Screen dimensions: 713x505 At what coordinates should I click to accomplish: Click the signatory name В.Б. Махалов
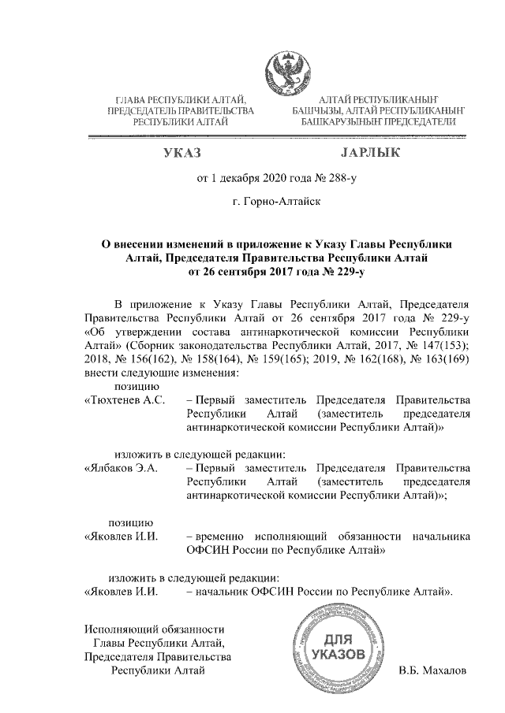pos(433,670)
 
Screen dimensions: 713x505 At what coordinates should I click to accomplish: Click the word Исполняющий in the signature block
pos(118,629)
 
